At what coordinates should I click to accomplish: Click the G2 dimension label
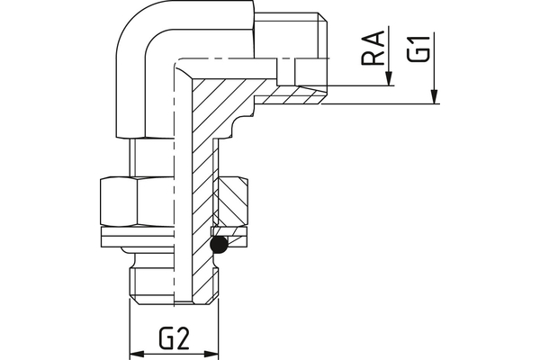coord(174,339)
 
